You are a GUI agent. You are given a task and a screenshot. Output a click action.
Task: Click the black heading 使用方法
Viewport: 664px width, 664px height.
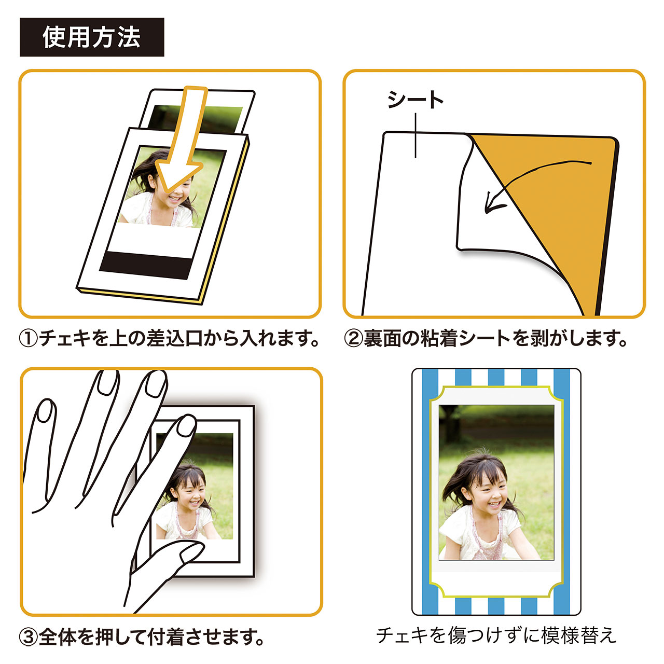coord(92,37)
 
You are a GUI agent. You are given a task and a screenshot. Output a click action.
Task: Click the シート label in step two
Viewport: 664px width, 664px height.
coord(416,100)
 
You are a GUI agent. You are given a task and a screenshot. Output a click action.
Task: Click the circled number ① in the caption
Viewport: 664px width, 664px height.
coord(29,339)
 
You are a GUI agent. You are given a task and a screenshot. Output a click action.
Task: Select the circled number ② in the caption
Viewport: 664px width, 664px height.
coord(353,339)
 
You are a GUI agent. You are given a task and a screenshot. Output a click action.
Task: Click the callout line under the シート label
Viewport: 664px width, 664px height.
coord(416,135)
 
